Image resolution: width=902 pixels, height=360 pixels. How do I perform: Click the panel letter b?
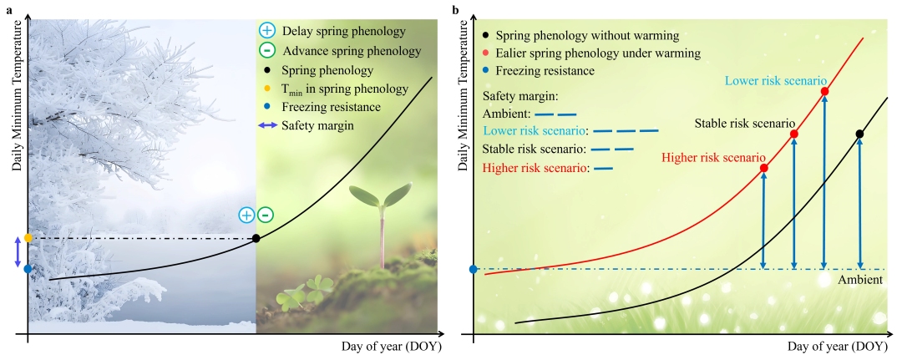(x=456, y=10)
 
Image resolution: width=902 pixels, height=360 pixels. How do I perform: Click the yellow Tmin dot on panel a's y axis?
(x=28, y=238)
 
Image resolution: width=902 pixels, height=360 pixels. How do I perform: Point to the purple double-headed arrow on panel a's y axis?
(x=18, y=253)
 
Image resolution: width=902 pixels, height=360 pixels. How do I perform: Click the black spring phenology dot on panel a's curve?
(x=256, y=238)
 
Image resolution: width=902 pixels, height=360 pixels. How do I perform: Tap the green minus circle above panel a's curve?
(x=266, y=215)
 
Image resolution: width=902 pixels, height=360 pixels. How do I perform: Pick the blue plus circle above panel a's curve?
(x=246, y=215)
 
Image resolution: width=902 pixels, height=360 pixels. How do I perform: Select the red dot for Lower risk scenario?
(x=824, y=91)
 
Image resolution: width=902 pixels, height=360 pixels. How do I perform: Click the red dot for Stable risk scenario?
(x=794, y=134)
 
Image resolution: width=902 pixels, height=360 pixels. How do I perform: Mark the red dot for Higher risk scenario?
(x=763, y=168)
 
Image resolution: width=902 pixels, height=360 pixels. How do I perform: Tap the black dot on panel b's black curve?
(x=859, y=134)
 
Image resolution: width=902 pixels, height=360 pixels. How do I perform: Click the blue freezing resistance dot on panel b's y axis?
(x=474, y=269)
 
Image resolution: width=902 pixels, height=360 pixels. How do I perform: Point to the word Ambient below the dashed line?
(x=859, y=280)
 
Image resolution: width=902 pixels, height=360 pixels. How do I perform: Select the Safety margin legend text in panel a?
(x=318, y=124)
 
